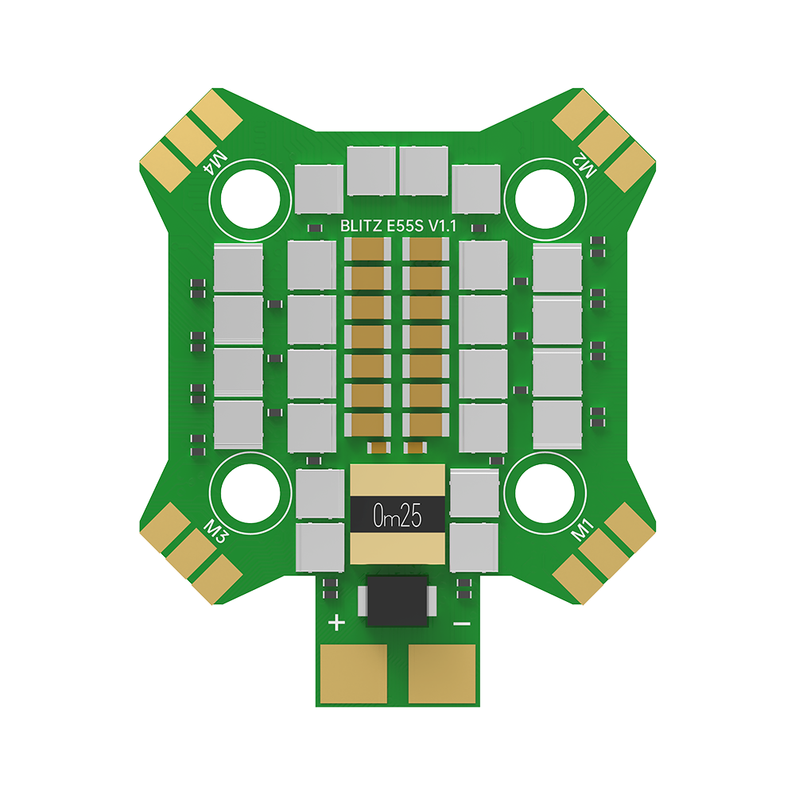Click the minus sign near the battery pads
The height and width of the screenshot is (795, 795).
[460, 624]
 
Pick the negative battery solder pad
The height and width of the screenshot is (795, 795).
[443, 673]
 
